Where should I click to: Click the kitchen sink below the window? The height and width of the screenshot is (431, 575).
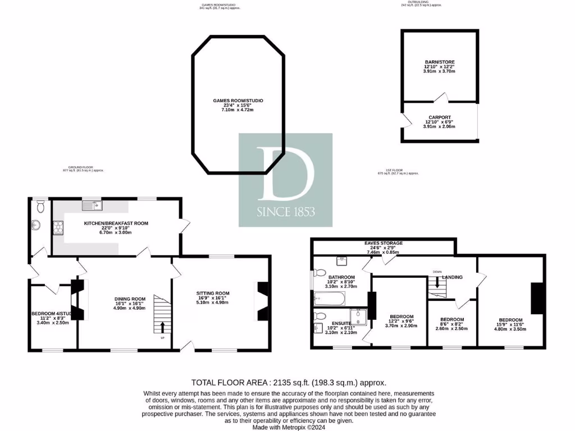[x=92, y=206]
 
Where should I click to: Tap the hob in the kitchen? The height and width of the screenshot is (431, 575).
[x=57, y=227]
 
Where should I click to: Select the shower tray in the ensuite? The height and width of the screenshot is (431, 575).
[x=358, y=317]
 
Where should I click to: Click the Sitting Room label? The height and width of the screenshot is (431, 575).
[x=213, y=293]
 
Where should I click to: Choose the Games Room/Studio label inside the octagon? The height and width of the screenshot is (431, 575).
[x=238, y=100]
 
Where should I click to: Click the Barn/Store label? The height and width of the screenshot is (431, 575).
[x=439, y=62]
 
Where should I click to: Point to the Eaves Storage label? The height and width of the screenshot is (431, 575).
[x=383, y=243]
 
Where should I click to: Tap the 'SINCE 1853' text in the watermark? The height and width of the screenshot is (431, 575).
[x=285, y=212]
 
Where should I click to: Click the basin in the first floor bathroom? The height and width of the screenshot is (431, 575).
[x=342, y=261]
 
